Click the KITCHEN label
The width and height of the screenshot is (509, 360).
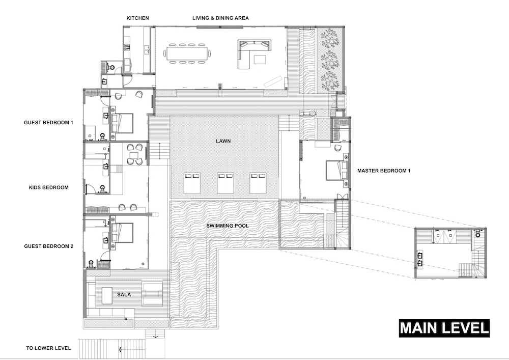(137, 18)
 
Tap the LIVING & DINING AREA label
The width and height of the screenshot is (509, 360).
(220, 18)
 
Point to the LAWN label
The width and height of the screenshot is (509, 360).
(223, 141)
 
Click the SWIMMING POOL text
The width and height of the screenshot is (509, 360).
(228, 226)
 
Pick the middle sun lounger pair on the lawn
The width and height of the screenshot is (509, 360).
(225, 183)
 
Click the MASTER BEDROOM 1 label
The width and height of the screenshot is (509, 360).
(384, 171)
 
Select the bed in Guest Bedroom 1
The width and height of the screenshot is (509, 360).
(122, 123)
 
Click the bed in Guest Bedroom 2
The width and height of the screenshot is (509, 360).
(122, 233)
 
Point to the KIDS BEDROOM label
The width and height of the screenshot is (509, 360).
(49, 187)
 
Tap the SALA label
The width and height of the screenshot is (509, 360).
(124, 294)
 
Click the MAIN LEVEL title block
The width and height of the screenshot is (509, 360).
(444, 328)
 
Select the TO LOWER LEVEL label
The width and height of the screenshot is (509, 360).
(48, 348)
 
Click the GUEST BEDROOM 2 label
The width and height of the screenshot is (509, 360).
(49, 246)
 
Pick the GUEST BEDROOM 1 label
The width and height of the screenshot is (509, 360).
(48, 122)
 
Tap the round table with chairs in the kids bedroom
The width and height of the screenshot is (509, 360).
(134, 154)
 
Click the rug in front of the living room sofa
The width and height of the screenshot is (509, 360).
(260, 60)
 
